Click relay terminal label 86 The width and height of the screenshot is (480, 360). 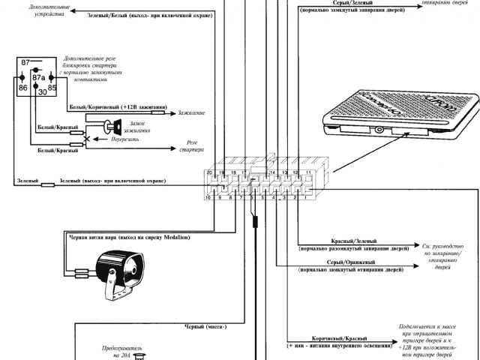[23, 88]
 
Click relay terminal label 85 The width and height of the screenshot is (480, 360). [52, 88]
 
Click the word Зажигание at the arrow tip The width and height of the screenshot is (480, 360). [191, 113]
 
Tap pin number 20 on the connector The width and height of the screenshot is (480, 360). [210, 173]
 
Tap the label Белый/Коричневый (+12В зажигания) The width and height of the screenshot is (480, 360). [117, 107]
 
